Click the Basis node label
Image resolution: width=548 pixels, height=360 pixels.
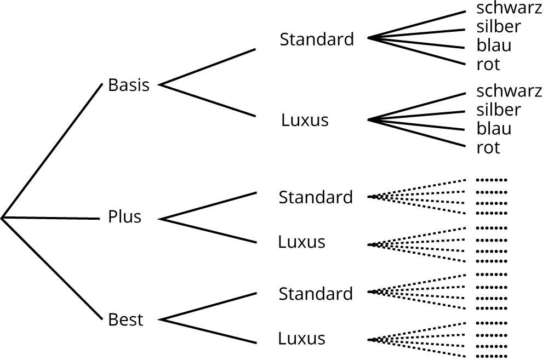(129, 85)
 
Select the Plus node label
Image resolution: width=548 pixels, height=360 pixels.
(124, 217)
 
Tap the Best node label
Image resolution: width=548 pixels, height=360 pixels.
(125, 319)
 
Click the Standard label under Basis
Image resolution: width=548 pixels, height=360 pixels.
(317, 39)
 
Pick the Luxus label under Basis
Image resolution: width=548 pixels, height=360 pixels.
(305, 120)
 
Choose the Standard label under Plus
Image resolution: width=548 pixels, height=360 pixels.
(316, 197)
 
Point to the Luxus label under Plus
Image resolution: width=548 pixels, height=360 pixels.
(301, 242)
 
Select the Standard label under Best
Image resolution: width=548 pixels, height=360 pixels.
(316, 294)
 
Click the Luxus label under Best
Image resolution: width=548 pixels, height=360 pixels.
(301, 338)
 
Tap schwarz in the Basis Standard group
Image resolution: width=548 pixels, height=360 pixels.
(509, 8)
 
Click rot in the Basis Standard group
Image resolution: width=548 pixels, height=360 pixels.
(488, 65)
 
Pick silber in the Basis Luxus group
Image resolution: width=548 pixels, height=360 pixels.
(499, 110)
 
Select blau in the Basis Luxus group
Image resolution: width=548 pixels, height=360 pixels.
(494, 129)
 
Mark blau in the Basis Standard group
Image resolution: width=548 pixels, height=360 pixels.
(494, 45)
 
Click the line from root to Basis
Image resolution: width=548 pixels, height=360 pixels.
(52, 151)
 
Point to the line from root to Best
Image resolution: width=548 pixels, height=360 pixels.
(52, 268)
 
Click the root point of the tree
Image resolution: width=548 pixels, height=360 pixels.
(2, 218)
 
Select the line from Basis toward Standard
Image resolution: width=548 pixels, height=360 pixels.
(208, 67)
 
